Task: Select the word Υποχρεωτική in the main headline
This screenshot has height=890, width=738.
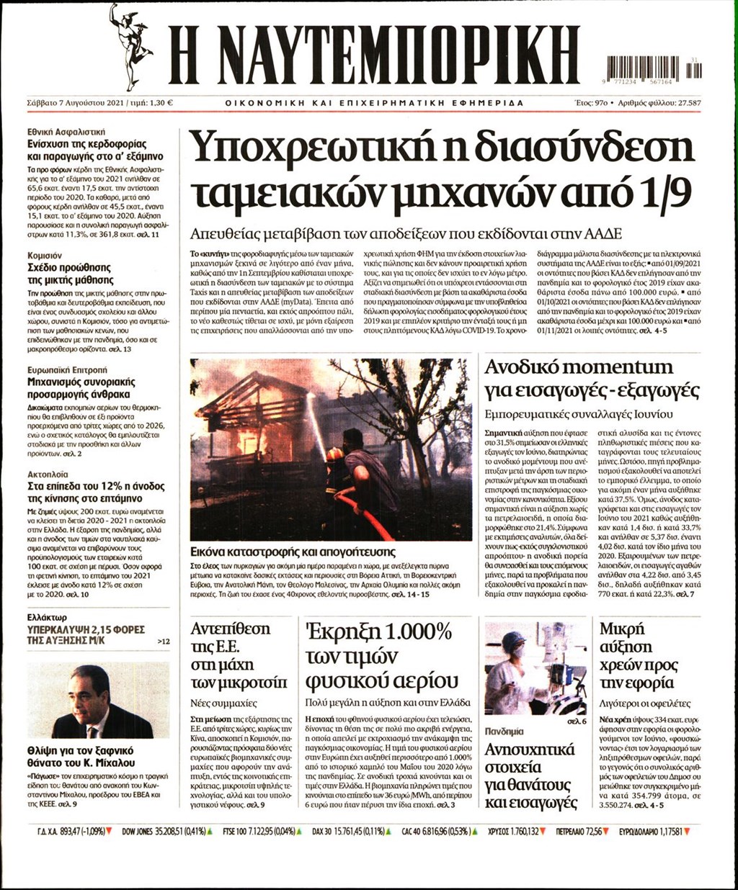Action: coord(306,148)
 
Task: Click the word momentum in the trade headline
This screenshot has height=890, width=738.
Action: coord(623,367)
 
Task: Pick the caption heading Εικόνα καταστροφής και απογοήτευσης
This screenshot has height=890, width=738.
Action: coord(293,552)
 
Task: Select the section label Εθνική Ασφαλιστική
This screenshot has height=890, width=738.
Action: coord(66,132)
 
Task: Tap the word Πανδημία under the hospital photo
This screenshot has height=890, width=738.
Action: coord(504,730)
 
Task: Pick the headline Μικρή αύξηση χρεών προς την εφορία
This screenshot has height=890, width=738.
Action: coord(637,655)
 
